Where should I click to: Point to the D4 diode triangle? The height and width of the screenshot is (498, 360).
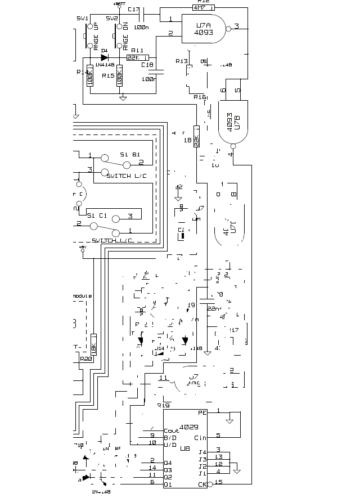point(104,57)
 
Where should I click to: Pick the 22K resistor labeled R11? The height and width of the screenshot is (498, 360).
point(137,57)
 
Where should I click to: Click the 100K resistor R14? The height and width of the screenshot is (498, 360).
point(90,79)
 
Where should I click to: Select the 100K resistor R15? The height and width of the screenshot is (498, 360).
point(119,79)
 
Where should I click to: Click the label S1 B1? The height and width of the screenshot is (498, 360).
point(130,154)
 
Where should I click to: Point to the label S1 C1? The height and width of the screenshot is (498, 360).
point(97,214)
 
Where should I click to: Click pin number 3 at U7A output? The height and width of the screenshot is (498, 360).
point(237,26)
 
